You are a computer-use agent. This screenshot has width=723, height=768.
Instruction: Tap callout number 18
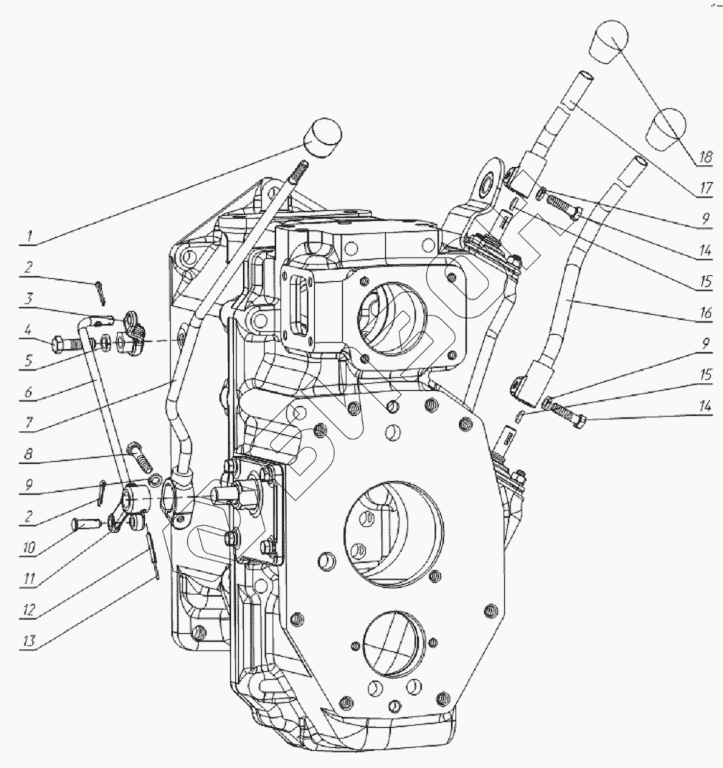point(705,155)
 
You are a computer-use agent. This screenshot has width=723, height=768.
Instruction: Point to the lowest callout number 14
point(706,407)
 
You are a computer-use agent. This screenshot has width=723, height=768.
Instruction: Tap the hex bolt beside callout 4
point(64,345)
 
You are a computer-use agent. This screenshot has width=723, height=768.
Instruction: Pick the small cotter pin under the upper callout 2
point(98,288)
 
